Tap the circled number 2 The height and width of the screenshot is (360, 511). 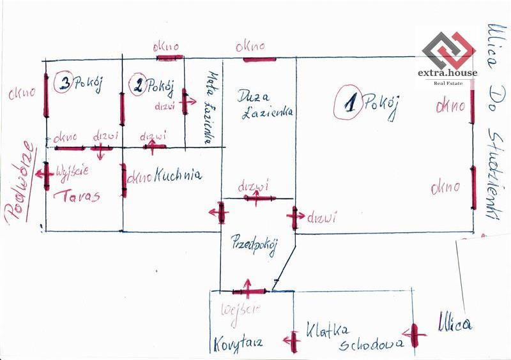[x=137, y=85]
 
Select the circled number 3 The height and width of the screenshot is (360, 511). [x=64, y=83]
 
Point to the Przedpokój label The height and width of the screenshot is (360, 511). [x=254, y=244]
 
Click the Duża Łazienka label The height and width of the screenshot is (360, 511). [x=264, y=105]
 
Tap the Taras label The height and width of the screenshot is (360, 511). [x=77, y=196]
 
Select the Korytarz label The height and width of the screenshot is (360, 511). [x=238, y=343]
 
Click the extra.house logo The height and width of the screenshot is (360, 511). [x=447, y=56]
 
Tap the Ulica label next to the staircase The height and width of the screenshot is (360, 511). [x=455, y=323]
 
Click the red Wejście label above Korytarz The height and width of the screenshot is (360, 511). [x=239, y=310]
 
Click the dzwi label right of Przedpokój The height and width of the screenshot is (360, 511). [x=322, y=218]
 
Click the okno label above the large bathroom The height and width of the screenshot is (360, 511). [x=250, y=47]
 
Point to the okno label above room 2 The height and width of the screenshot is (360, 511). [x=166, y=47]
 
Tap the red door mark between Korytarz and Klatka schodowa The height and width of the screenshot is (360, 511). [x=294, y=341]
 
